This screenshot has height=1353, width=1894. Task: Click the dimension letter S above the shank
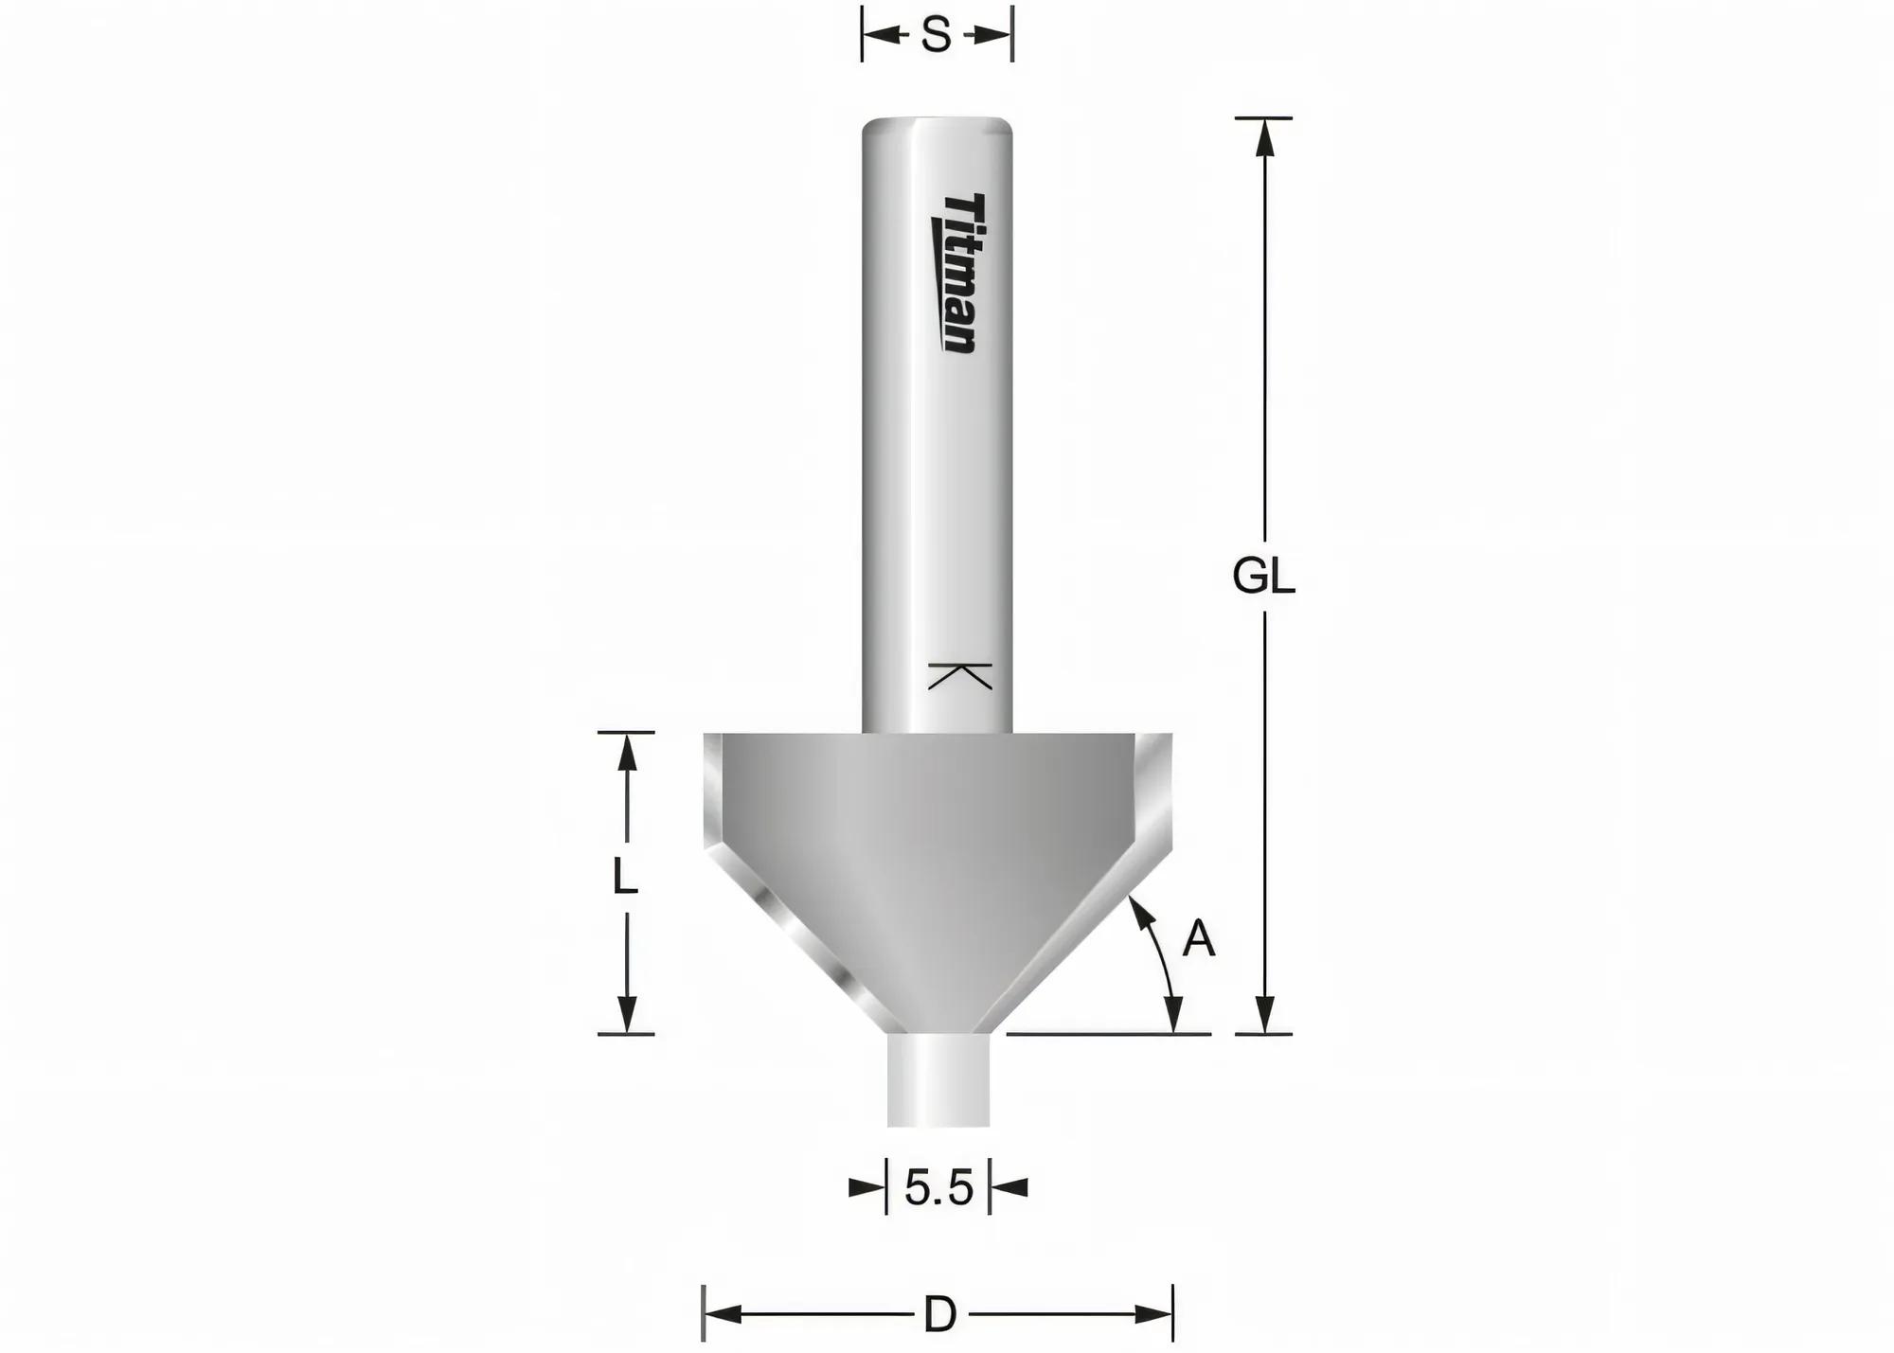click(936, 36)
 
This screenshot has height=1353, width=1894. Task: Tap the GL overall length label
click(1263, 576)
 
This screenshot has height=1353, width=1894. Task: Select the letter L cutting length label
click(624, 876)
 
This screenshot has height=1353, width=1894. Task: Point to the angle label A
click(1198, 939)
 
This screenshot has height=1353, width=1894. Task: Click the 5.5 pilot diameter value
click(938, 1188)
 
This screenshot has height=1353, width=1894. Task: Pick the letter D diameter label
click(939, 1314)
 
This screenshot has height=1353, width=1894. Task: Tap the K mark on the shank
click(959, 676)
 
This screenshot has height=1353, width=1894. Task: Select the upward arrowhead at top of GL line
click(1264, 137)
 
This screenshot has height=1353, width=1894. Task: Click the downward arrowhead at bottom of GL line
click(1264, 1015)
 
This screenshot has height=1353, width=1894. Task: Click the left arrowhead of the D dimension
click(723, 1314)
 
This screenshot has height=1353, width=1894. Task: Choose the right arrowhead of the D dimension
click(1153, 1314)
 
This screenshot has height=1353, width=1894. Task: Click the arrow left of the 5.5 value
click(866, 1187)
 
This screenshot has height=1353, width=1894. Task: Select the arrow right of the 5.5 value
click(1010, 1187)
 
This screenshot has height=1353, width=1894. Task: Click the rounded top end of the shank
click(938, 127)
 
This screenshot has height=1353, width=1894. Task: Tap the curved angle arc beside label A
click(1163, 966)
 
